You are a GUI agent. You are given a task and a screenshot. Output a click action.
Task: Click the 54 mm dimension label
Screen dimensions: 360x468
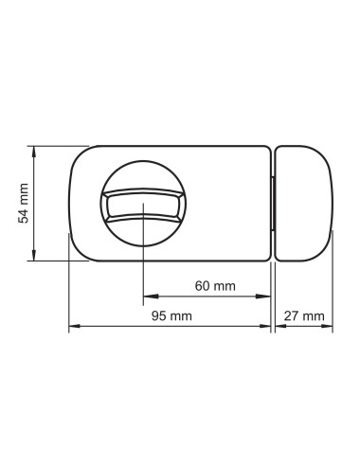pos(23,204)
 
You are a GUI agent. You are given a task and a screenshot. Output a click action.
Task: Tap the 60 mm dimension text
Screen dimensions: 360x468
pos(215,286)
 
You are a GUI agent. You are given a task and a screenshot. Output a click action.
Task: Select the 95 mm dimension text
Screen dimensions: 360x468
pos(171,315)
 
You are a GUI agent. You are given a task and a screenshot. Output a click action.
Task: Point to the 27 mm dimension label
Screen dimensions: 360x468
pos(304,315)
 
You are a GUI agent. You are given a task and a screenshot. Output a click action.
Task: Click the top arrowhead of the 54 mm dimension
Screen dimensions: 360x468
pos(34,151)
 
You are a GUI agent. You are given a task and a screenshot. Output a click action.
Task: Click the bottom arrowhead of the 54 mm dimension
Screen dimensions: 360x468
pos(34,256)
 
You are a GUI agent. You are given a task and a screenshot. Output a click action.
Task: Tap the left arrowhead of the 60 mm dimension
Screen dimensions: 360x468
pos(151,297)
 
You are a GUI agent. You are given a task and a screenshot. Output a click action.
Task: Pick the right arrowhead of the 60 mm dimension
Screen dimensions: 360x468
pos(263,297)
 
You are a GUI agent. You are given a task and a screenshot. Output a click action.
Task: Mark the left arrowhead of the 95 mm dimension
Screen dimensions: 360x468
pos(76,326)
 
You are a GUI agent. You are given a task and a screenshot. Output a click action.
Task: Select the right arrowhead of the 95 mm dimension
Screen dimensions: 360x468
pos(263,326)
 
